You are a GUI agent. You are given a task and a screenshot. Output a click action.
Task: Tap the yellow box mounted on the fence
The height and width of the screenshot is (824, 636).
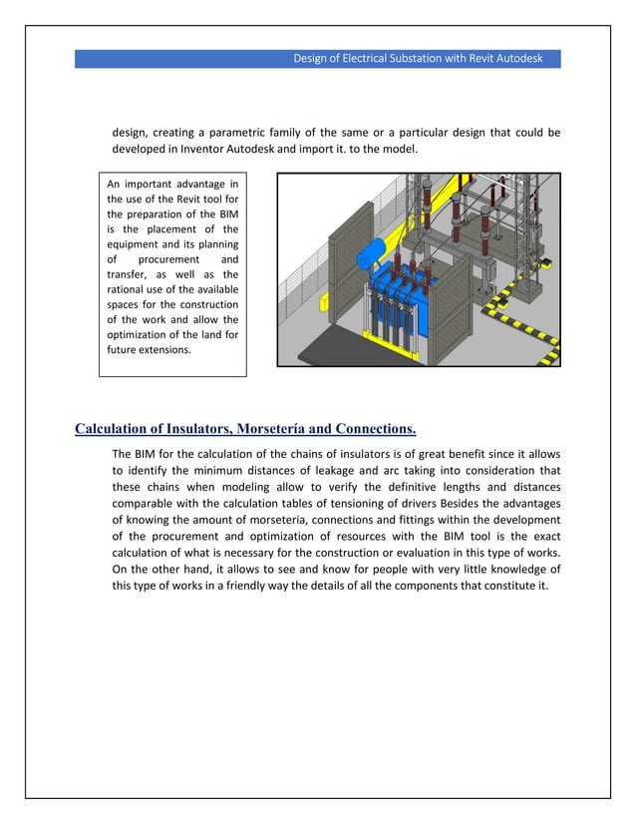pyautogui.click(x=322, y=298)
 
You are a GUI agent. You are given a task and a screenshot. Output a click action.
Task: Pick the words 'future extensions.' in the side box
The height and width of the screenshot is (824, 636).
pyautogui.click(x=148, y=350)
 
